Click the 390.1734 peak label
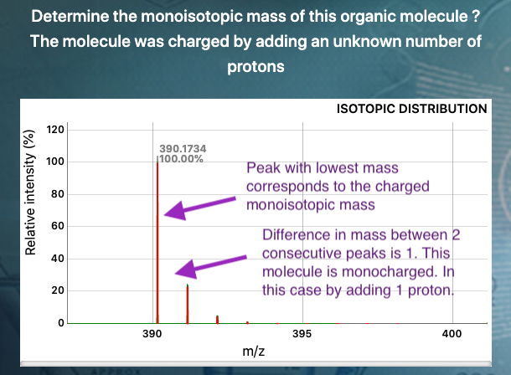click(183, 149)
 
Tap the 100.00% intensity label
click(182, 159)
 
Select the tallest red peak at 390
click(157, 243)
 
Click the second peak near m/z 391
click(188, 304)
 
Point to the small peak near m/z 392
click(217, 320)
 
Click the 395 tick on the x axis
click(302, 334)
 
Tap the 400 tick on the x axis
click(452, 334)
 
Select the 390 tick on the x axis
click(152, 334)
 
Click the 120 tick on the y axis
click(55, 130)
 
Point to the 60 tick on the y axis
click(58, 226)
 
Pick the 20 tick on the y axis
click(58, 290)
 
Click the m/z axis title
click(253, 352)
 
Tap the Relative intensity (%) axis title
click(30, 193)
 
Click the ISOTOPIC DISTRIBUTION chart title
click(412, 109)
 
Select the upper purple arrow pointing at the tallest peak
click(199, 208)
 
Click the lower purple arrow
click(210, 266)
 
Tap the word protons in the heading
click(255, 67)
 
